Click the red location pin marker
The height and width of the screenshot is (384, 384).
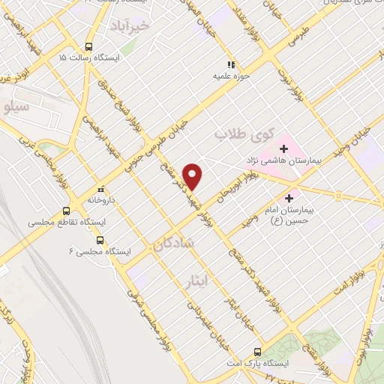[193, 175]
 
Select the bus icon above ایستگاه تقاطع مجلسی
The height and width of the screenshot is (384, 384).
[67, 211]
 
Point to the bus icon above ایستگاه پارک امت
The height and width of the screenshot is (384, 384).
[258, 351]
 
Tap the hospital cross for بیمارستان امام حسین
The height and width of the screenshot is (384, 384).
[309, 198]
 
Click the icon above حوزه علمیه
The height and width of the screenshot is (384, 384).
[232, 64]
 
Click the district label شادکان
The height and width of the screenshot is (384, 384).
[173, 244]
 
